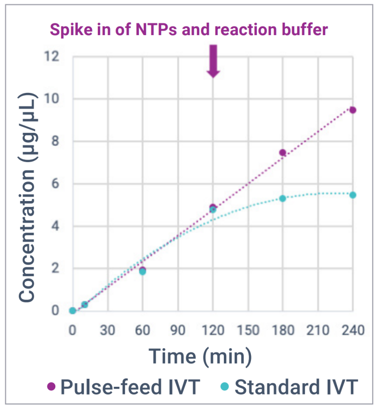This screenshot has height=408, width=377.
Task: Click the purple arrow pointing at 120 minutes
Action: point(213,61)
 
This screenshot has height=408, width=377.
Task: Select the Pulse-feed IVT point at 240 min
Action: point(353,110)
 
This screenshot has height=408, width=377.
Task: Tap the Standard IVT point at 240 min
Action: point(353,195)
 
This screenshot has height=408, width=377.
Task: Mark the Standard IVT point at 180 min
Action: point(283,198)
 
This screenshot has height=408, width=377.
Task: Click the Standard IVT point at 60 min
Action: point(142,272)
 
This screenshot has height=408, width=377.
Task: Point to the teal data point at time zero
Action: point(73,311)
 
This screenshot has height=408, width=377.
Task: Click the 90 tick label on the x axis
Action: point(177,329)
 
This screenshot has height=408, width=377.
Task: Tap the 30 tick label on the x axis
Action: point(107,329)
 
